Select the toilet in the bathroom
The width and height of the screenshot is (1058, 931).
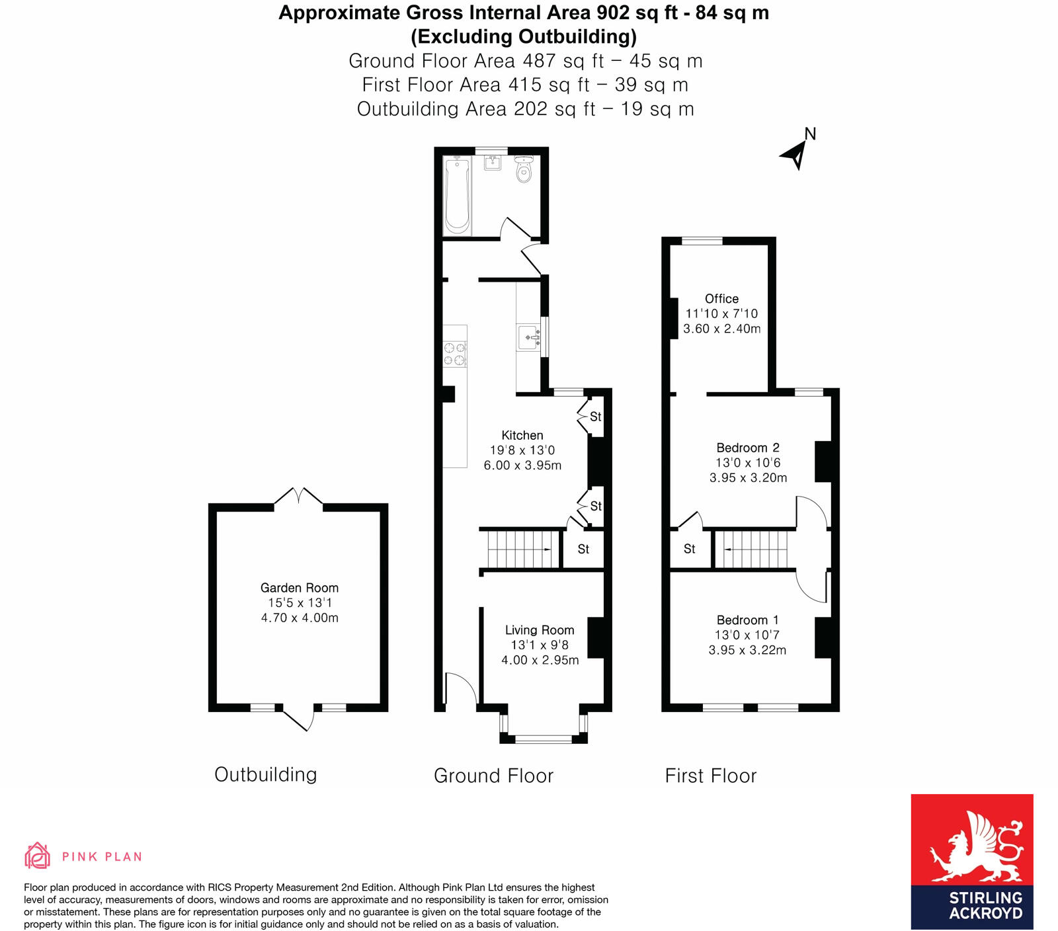(524, 170)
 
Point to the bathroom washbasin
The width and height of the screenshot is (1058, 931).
(493, 162)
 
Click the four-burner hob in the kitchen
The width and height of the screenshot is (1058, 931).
(455, 354)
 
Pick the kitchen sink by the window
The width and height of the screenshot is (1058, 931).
(529, 338)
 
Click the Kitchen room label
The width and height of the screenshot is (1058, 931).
(522, 435)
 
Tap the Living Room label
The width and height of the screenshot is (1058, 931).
(540, 630)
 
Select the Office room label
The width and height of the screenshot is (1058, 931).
(721, 299)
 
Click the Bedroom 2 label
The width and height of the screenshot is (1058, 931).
(748, 448)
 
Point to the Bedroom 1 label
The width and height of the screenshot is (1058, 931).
(747, 620)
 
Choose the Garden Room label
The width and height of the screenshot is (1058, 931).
(300, 588)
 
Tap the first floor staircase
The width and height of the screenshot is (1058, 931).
(754, 549)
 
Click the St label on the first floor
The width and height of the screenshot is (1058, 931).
(690, 549)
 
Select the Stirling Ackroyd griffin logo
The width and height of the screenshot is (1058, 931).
(972, 849)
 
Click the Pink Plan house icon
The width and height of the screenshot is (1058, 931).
(38, 856)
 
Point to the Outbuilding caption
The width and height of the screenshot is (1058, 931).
(266, 774)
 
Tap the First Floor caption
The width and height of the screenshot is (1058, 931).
(711, 776)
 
